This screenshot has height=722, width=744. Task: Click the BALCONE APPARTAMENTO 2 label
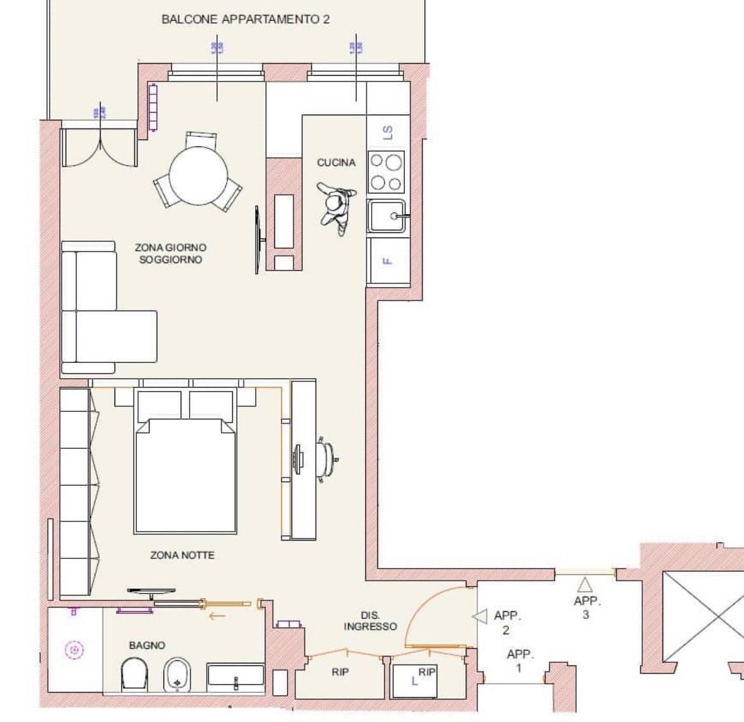click(246, 19)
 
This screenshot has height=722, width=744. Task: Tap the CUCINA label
click(336, 163)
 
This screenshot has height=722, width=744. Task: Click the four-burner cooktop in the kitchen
click(386, 172)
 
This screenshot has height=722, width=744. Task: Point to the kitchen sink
click(386, 216)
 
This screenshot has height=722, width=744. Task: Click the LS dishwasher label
click(388, 132)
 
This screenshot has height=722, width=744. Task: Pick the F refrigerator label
click(387, 261)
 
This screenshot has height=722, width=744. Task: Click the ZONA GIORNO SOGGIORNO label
click(171, 253)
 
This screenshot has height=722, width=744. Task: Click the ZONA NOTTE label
click(182, 555)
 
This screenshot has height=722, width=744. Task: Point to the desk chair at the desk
click(327, 457)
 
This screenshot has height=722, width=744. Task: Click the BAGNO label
click(147, 646)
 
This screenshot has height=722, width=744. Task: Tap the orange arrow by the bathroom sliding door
click(218, 616)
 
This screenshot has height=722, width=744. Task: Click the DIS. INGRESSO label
click(370, 621)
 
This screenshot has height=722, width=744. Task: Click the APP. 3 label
click(586, 607)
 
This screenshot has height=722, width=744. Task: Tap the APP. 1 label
click(519, 661)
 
